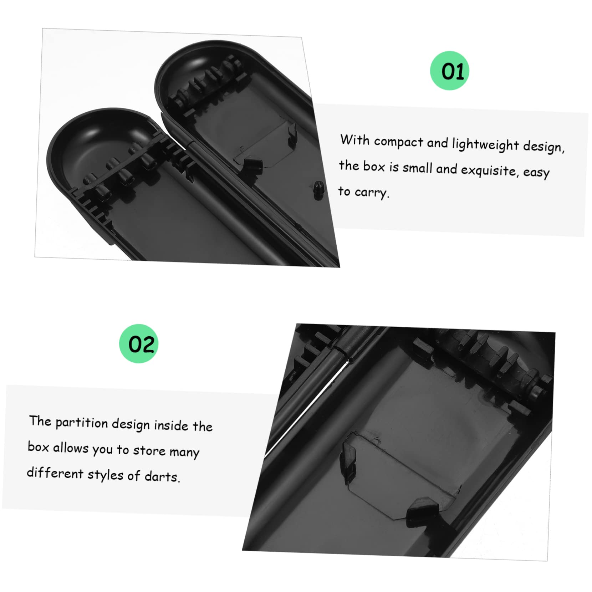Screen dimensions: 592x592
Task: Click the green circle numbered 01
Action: [449, 71]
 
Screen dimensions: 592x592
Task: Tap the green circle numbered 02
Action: [139, 343]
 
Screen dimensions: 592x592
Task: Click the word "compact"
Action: [398, 142]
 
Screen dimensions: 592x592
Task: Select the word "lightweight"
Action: [485, 144]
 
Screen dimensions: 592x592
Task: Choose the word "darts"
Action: [162, 476]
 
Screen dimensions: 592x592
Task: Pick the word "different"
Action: [55, 473]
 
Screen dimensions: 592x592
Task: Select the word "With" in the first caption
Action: [355, 140]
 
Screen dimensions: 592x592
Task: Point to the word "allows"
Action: [71, 448]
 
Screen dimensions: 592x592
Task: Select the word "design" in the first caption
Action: [543, 147]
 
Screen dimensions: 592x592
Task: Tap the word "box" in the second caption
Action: [38, 446]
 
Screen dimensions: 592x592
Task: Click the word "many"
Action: [184, 452]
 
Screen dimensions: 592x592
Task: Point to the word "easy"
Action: [536, 172]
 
